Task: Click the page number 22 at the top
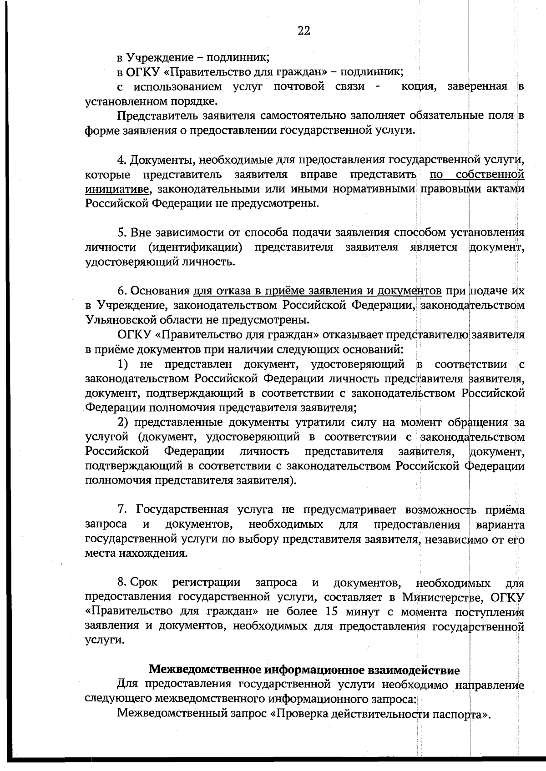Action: point(304,30)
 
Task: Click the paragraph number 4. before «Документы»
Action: point(121,160)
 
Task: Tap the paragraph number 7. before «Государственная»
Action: point(121,509)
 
